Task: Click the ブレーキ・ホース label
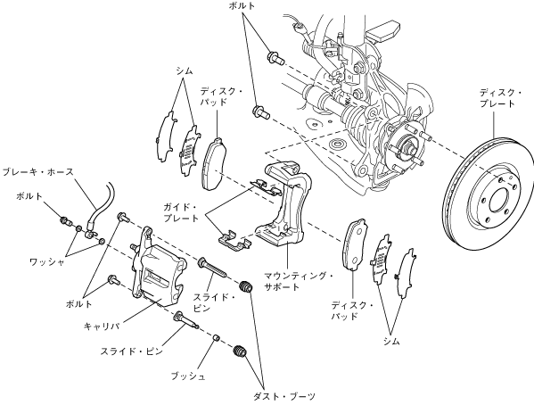tap(37, 171)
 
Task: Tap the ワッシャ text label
tap(47, 261)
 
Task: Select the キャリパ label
tap(102, 326)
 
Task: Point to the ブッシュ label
tap(188, 376)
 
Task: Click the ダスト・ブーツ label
tap(284, 396)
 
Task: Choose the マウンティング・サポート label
tap(299, 281)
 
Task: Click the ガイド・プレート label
tap(181, 212)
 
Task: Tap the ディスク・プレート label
tap(501, 98)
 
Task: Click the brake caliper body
tap(158, 270)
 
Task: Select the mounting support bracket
tap(285, 204)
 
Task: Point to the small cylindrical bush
tap(216, 338)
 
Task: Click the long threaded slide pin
tap(212, 268)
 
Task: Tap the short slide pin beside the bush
tap(186, 319)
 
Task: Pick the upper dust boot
tap(246, 286)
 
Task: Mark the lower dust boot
tap(241, 351)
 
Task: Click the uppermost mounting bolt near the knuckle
tap(276, 58)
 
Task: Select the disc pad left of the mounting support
tap(214, 163)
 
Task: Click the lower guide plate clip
tap(234, 240)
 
